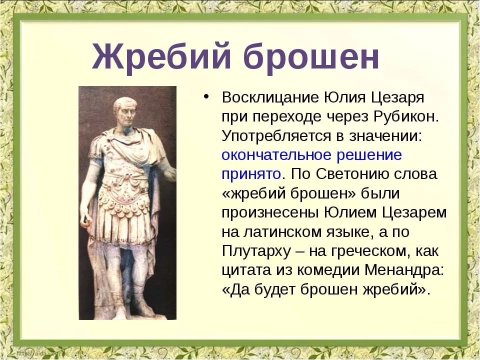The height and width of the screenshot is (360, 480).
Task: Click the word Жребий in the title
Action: pyautogui.click(x=161, y=57)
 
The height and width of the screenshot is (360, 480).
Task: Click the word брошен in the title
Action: pyautogui.click(x=311, y=57)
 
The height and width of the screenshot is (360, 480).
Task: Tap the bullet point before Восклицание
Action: pyautogui.click(x=206, y=96)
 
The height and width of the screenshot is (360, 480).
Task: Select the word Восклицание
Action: pyautogui.click(x=270, y=98)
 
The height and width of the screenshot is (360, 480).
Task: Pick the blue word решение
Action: pyautogui.click(x=369, y=155)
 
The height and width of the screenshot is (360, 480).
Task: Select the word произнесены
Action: pyautogui.click(x=270, y=213)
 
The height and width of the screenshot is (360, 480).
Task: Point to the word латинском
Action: pyautogui.click(x=283, y=231)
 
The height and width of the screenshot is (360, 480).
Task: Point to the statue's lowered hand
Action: pyautogui.click(x=85, y=219)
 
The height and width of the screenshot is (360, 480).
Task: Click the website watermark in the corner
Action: pyautogui.click(x=43, y=353)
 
